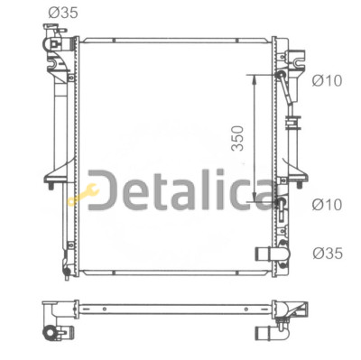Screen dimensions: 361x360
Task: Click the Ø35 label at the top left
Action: (63, 13)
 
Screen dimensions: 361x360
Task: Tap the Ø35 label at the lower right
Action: (328, 254)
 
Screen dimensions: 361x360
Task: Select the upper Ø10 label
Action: (327, 80)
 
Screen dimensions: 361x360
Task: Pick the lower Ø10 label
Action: (327, 205)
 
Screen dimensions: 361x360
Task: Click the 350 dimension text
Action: (237, 138)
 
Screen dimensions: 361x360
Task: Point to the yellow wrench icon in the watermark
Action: (83, 194)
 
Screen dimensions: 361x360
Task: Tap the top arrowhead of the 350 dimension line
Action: (255, 78)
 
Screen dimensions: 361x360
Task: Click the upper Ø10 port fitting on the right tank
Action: (282, 74)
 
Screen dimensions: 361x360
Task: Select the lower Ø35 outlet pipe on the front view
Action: (272, 254)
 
